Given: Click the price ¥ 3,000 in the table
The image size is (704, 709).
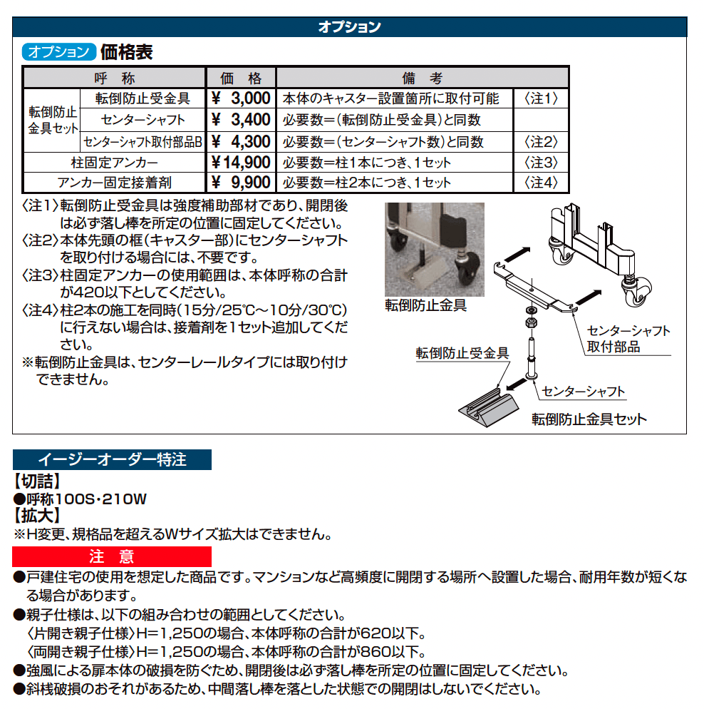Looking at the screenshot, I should (241, 98).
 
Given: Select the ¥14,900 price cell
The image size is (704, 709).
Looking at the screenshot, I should (241, 162).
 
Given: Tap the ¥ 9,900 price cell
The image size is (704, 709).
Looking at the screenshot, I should (241, 183).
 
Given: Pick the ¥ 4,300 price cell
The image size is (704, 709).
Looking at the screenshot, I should (241, 141).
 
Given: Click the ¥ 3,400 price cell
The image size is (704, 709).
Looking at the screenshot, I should (241, 120).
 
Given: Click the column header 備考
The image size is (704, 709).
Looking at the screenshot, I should (423, 78).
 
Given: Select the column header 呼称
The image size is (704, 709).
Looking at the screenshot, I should (114, 78).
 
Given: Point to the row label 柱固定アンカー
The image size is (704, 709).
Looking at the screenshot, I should (114, 162).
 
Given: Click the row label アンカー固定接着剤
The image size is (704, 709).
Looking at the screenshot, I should (114, 183).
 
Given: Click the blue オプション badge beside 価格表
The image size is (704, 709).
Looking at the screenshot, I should (59, 52).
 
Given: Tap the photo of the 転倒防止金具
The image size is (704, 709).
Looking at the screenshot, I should (435, 249).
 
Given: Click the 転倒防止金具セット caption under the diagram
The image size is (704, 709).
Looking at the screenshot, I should (589, 419).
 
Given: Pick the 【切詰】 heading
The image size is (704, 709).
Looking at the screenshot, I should (37, 481).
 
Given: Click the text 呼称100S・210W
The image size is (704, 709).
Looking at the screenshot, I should (80, 499).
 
